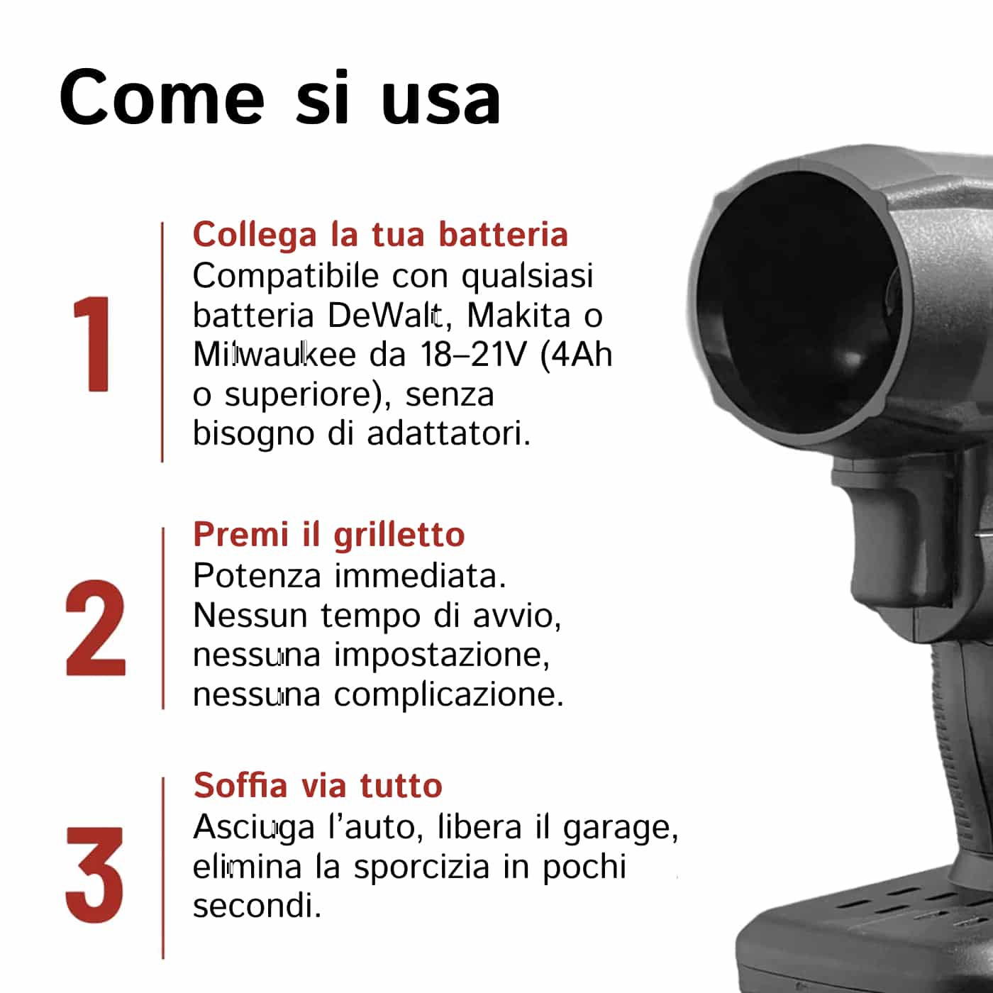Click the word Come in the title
[x=162, y=98]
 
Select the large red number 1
[x=93, y=344]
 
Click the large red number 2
[x=95, y=627]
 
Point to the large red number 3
[x=95, y=875]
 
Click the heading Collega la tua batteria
[x=380, y=235]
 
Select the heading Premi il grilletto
[x=329, y=534]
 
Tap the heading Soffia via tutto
[x=318, y=785]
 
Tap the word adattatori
[x=448, y=433]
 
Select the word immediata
[x=420, y=576]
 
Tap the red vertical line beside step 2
[x=163, y=618]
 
